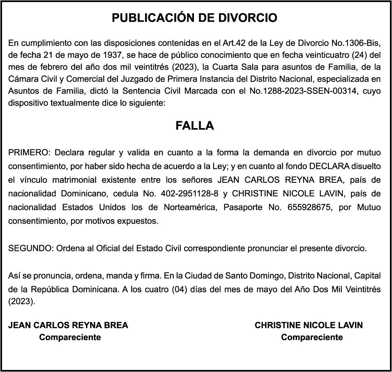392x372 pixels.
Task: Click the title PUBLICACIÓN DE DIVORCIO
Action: pyautogui.click(x=195, y=18)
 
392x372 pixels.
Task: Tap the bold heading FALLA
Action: pyautogui.click(x=195, y=126)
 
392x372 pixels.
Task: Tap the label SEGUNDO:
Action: pyautogui.click(x=30, y=248)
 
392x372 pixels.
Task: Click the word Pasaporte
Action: pyautogui.click(x=243, y=207)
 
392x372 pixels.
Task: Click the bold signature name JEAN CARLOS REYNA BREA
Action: pyautogui.click(x=68, y=325)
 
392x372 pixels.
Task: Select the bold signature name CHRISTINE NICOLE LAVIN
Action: pyautogui.click(x=309, y=325)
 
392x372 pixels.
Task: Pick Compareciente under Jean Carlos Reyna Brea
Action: pyautogui.click(x=70, y=338)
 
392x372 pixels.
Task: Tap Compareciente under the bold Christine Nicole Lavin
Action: pyautogui.click(x=312, y=338)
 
